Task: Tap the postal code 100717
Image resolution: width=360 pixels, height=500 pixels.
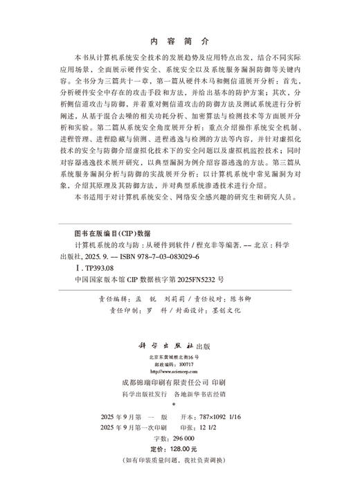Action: tap(186, 364)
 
